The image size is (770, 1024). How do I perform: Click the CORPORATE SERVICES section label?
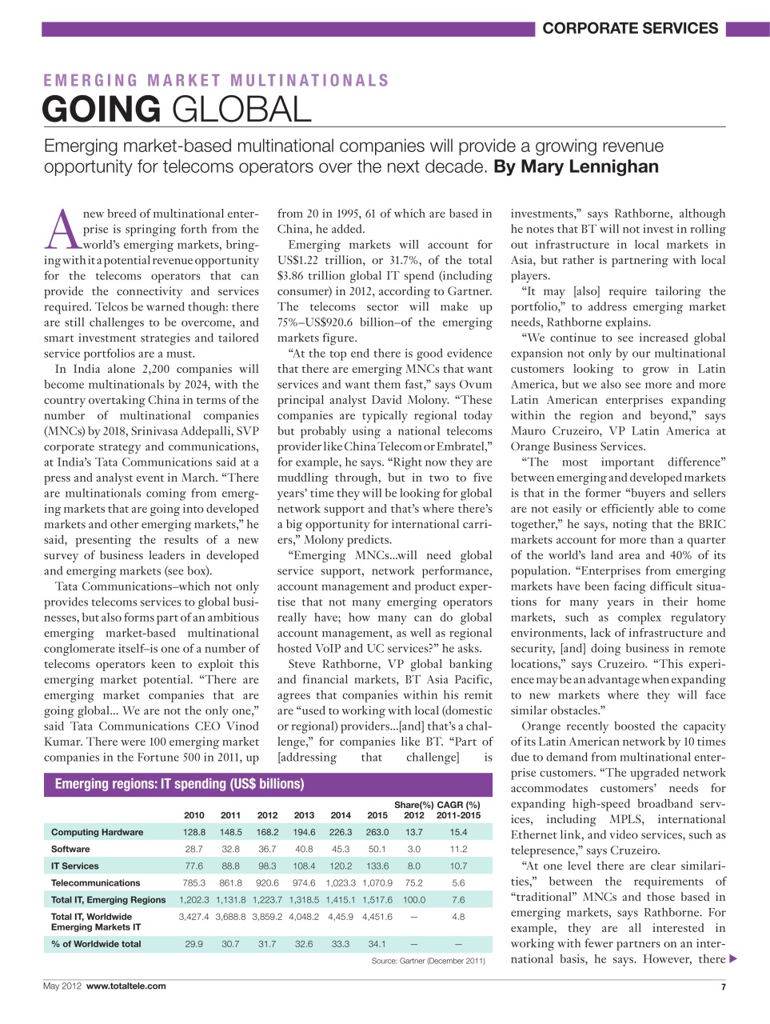(630, 29)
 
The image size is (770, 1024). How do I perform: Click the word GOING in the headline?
(102, 110)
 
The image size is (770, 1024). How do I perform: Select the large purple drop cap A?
(62, 230)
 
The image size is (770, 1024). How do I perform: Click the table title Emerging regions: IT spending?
(179, 784)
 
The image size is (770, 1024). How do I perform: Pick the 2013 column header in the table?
(304, 815)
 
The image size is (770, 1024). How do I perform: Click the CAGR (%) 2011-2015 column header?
(458, 810)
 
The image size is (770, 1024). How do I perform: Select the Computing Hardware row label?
(97, 832)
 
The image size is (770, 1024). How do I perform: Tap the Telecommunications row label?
(95, 882)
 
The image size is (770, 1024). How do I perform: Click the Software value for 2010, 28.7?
(193, 849)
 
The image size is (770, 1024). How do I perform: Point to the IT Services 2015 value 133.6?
(377, 866)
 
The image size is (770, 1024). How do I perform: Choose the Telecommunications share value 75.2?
(413, 882)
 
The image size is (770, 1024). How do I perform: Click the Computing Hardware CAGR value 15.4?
(458, 832)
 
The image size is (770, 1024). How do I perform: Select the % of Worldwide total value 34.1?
(377, 944)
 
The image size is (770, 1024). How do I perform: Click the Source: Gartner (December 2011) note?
(428, 961)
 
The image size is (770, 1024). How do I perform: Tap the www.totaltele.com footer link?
(126, 986)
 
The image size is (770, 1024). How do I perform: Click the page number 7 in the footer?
(723, 987)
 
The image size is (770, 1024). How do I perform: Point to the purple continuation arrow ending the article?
(733, 959)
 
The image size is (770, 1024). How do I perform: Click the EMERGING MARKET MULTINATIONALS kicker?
(216, 81)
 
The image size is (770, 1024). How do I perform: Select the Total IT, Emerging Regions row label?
(108, 899)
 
